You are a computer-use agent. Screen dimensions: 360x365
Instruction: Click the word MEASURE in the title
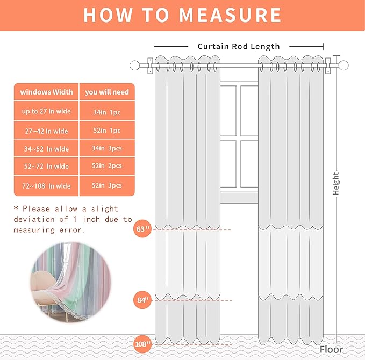[x=231, y=15]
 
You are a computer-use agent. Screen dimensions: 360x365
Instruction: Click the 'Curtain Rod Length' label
[x=239, y=46]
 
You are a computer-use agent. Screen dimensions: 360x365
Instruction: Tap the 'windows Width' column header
[x=47, y=92]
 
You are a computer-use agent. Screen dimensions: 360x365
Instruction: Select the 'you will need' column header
[x=107, y=92]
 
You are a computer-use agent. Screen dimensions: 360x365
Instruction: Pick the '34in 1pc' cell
[x=107, y=112]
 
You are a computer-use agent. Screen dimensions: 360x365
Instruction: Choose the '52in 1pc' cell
[x=107, y=131]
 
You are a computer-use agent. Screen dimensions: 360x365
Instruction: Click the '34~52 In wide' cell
[x=47, y=148]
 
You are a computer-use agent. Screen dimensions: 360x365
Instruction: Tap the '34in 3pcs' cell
[x=107, y=148]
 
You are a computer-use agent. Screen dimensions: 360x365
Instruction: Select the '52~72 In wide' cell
[x=47, y=167]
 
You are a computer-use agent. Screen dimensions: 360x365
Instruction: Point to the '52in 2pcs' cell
[x=107, y=167]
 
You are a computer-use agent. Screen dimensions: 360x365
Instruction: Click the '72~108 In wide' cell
[x=47, y=186]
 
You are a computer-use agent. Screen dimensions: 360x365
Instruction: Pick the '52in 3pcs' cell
[x=107, y=186]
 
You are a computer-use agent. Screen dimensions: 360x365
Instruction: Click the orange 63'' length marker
[x=142, y=229]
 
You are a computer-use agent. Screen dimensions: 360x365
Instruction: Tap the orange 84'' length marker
[x=142, y=300]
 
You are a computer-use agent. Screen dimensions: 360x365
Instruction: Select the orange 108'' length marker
[x=142, y=343]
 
